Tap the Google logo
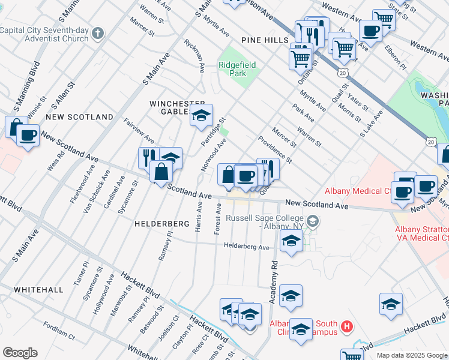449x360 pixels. click(x=20, y=353)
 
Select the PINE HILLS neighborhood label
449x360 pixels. click(x=265, y=40)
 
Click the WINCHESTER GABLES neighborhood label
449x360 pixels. click(x=178, y=107)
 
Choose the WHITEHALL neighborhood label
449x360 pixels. click(x=38, y=289)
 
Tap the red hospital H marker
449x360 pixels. click(x=346, y=327)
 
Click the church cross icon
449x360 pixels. click(x=98, y=32)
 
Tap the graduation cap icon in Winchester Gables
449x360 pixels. click(x=202, y=115)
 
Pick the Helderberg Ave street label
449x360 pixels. click(x=247, y=246)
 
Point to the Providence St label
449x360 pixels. click(x=276, y=149)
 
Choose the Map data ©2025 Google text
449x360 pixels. click(x=412, y=355)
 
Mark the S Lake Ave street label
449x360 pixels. click(x=371, y=125)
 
